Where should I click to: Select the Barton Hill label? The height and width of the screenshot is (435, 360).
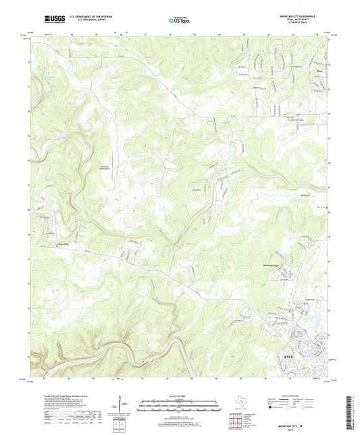[304, 193]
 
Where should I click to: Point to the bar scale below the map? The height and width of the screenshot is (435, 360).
[179, 407]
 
